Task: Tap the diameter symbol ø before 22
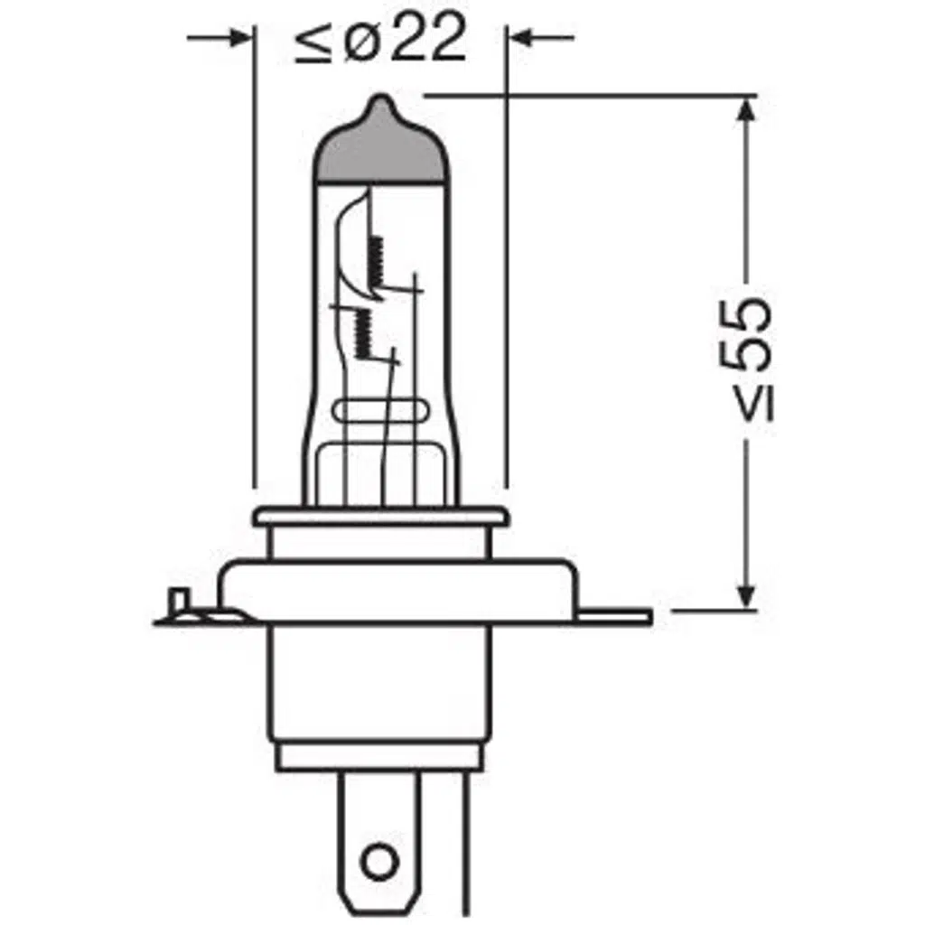coord(360,42)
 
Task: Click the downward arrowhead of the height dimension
coord(746,596)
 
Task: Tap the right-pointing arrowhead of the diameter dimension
coord(238,37)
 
